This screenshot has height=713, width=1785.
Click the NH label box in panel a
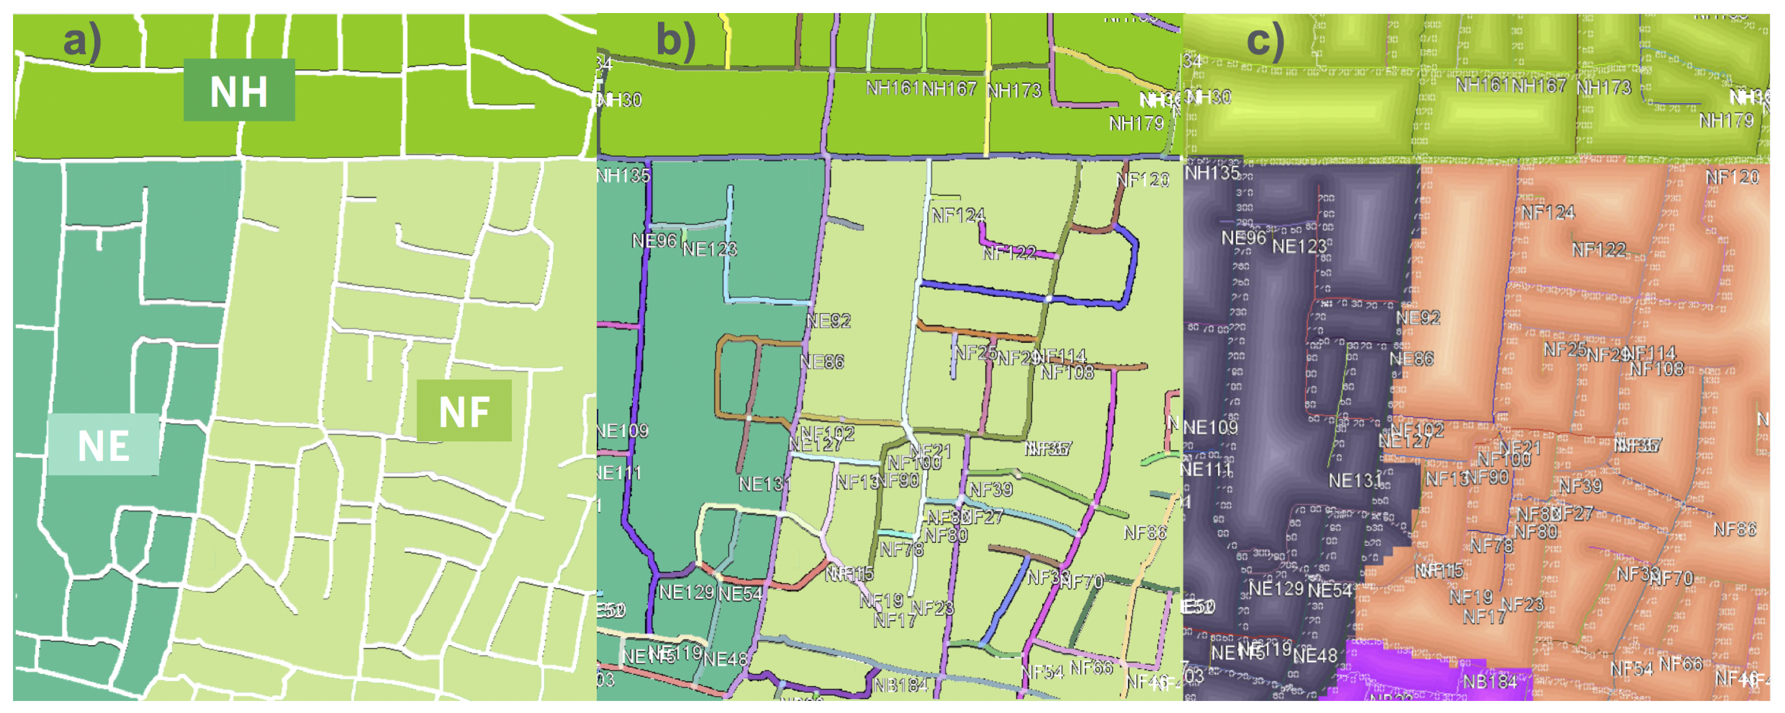[x=239, y=90]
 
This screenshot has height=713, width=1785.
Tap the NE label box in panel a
[x=103, y=445]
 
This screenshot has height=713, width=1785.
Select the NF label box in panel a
[x=464, y=411]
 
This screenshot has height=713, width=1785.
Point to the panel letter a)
[x=82, y=40]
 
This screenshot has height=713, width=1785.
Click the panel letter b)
[x=676, y=40]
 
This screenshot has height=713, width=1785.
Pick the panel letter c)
[x=1265, y=40]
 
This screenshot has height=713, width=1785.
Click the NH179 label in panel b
[x=1136, y=123]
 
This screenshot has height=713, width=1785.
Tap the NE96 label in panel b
[x=654, y=240]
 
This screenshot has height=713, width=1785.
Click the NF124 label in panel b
[x=958, y=215]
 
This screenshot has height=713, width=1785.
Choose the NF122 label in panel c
[x=1599, y=250]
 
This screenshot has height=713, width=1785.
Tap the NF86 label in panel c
[x=1734, y=529]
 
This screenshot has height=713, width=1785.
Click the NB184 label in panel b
[x=900, y=685]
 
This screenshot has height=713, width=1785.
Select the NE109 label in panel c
[x=1210, y=427]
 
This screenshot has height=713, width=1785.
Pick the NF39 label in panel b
[x=991, y=489]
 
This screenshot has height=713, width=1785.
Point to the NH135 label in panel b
[x=623, y=175]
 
